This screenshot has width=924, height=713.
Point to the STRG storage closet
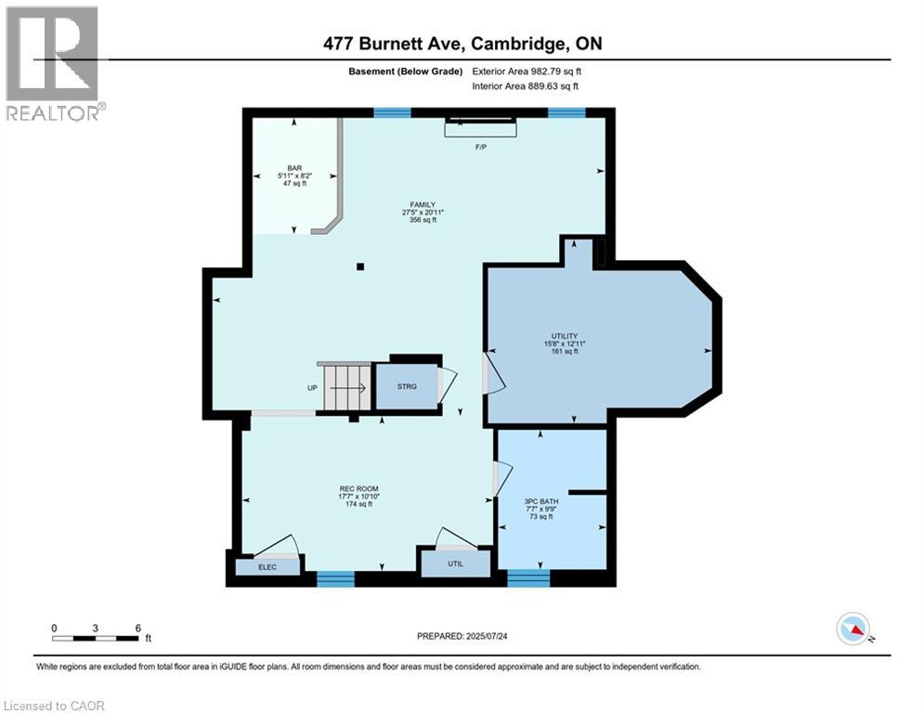click(x=406, y=385)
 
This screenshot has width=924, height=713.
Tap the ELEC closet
click(x=266, y=566)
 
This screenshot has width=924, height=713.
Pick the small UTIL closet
click(x=454, y=564)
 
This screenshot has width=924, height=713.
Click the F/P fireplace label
click(x=481, y=148)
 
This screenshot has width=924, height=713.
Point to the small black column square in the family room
click(x=360, y=267)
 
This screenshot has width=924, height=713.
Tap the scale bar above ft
click(x=96, y=638)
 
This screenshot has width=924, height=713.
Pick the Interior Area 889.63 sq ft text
click(x=525, y=86)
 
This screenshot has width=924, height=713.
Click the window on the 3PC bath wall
click(x=528, y=578)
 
